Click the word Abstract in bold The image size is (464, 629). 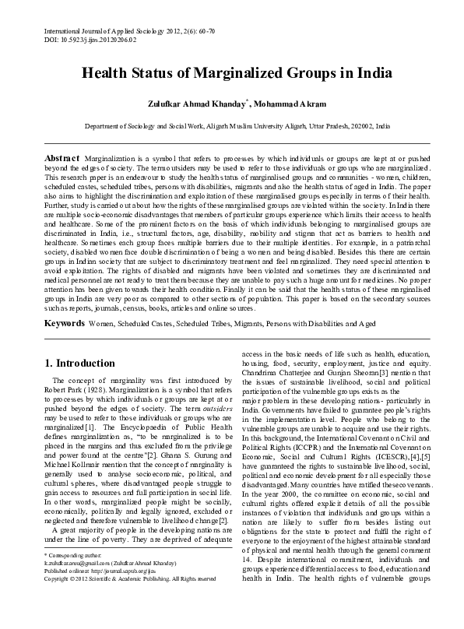click(x=63, y=156)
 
